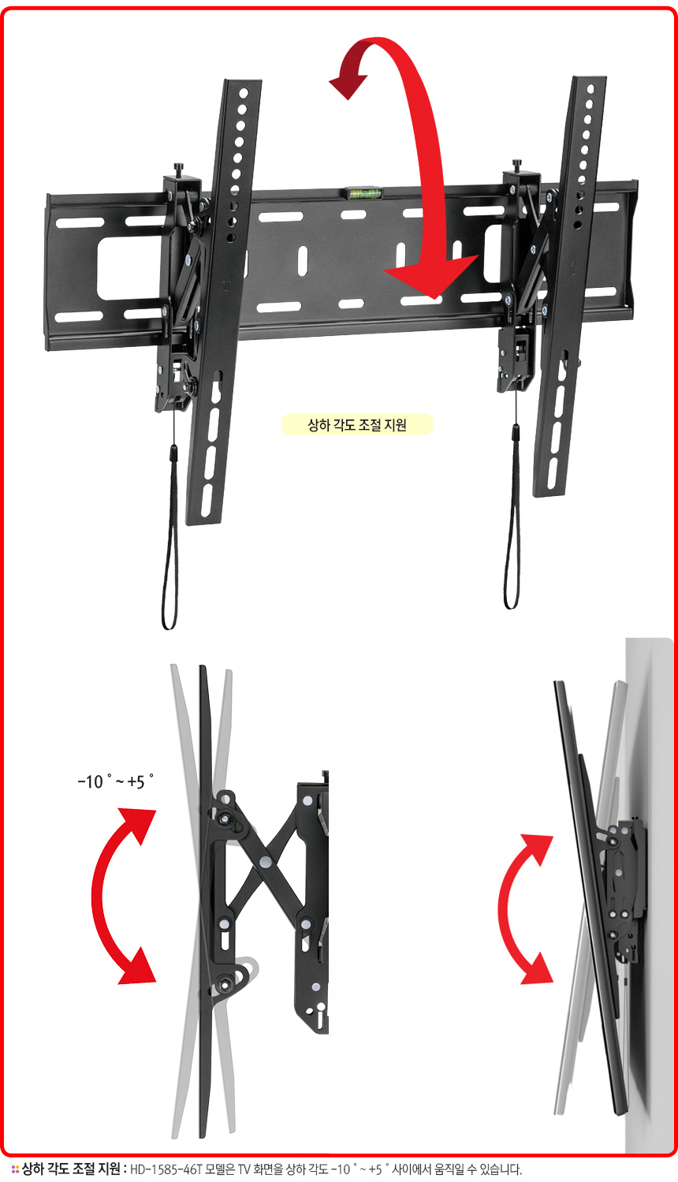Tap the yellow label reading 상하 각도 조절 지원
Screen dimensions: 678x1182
tap(357, 425)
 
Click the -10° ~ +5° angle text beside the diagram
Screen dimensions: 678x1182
tap(116, 781)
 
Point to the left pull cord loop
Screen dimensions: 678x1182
tap(170, 539)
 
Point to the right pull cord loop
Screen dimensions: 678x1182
tap(512, 517)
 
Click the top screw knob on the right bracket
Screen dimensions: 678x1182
tap(517, 165)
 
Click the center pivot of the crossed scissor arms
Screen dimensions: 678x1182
tap(266, 863)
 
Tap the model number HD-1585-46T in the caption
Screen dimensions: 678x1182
tap(166, 1169)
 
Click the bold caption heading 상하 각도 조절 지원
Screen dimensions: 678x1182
tap(71, 1169)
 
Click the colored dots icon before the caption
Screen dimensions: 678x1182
tap(15, 1170)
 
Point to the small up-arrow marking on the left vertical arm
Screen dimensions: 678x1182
tap(226, 285)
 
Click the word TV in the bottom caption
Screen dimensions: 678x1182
tap(244, 1169)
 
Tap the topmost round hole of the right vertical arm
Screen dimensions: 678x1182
tap(590, 89)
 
